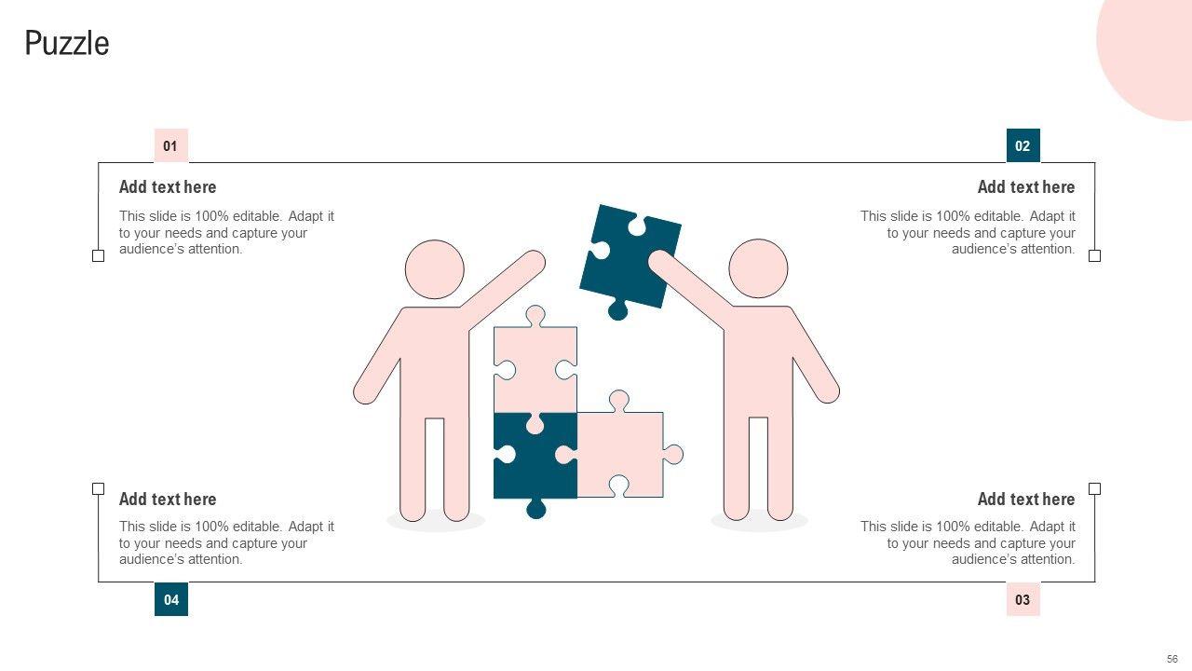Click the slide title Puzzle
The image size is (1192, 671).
pos(67,43)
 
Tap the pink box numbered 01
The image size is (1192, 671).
pos(170,145)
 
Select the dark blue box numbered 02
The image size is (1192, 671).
pos(1023,145)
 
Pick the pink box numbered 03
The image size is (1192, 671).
pos(1023,599)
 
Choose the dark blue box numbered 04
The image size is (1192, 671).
pos(170,599)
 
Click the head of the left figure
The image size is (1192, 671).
pos(434,269)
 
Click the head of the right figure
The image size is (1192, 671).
pos(758,268)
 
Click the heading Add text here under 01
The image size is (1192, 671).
pos(168,187)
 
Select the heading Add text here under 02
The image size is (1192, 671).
pos(1026,187)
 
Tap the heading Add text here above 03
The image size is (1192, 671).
pos(1026,499)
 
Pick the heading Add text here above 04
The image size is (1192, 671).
pos(168,499)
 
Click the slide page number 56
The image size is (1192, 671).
pos(1172,659)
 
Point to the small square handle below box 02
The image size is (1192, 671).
pos(1094,255)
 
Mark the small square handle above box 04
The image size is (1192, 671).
pos(98,488)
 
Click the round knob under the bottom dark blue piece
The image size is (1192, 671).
pos(535,510)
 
